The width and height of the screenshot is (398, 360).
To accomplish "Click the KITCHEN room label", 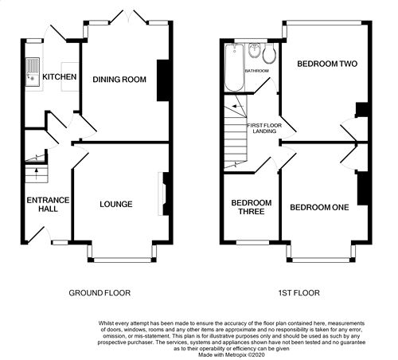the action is pyautogui.click(x=60, y=77).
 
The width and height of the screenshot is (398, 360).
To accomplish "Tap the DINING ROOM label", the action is pyautogui.click(x=119, y=80).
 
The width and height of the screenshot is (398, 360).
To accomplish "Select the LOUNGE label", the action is pyautogui.click(x=116, y=204).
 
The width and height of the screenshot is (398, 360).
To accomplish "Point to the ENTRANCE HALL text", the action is pyautogui.click(x=48, y=205).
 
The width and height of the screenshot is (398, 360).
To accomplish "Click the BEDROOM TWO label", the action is pyautogui.click(x=327, y=64).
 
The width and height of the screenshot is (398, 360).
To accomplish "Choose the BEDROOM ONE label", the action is pyautogui.click(x=319, y=207).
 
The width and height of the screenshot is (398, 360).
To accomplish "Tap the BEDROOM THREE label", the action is pyautogui.click(x=252, y=207).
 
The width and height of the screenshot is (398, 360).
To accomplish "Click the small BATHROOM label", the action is pyautogui.click(x=256, y=71).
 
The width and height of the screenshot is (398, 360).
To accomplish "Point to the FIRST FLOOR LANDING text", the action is pyautogui.click(x=264, y=128).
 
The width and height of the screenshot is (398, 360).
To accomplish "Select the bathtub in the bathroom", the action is pyautogui.click(x=234, y=68).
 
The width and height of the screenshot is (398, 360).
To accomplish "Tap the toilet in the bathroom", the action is pyautogui.click(x=269, y=54).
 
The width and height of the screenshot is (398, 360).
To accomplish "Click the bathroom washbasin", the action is pyautogui.click(x=255, y=50).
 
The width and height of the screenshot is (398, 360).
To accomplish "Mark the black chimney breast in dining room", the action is pyautogui.click(x=163, y=80).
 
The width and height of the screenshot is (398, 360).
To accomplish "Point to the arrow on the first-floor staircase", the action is pyautogui.click(x=238, y=107).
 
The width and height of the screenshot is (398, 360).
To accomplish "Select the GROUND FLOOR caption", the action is pyautogui.click(x=99, y=293).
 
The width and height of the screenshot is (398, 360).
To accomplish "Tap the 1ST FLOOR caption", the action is pyautogui.click(x=299, y=293).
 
